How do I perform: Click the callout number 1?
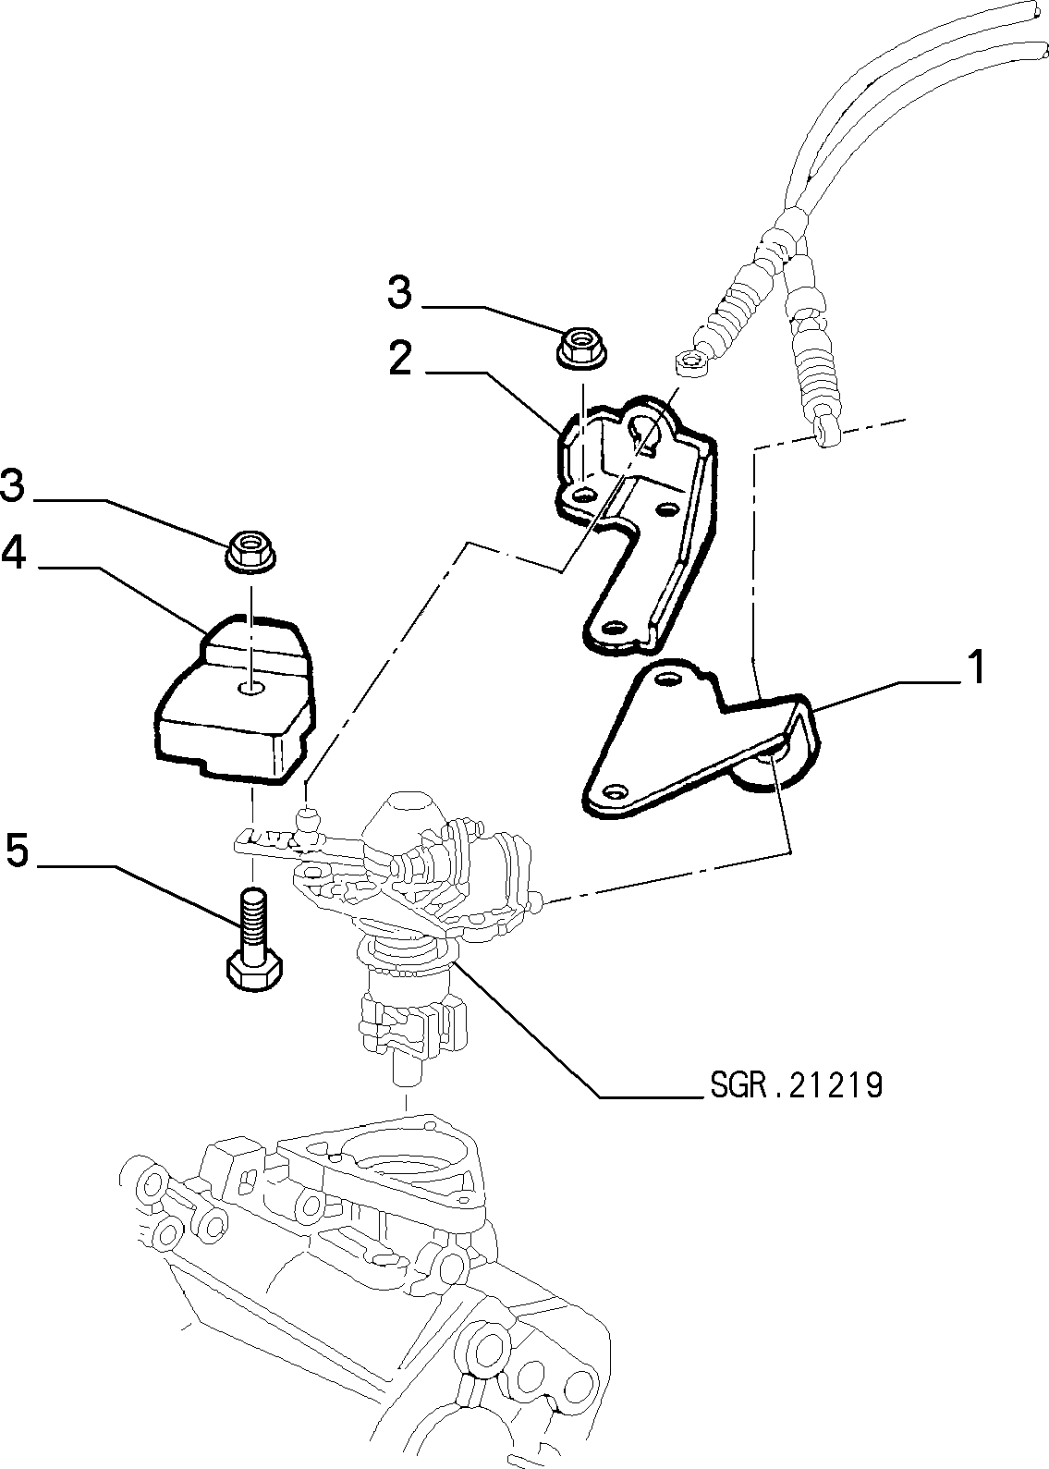click(x=976, y=667)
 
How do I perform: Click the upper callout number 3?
click(x=400, y=292)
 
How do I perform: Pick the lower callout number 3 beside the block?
click(x=12, y=486)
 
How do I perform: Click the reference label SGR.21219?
click(x=797, y=1087)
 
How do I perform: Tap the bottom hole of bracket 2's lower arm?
click(x=613, y=627)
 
